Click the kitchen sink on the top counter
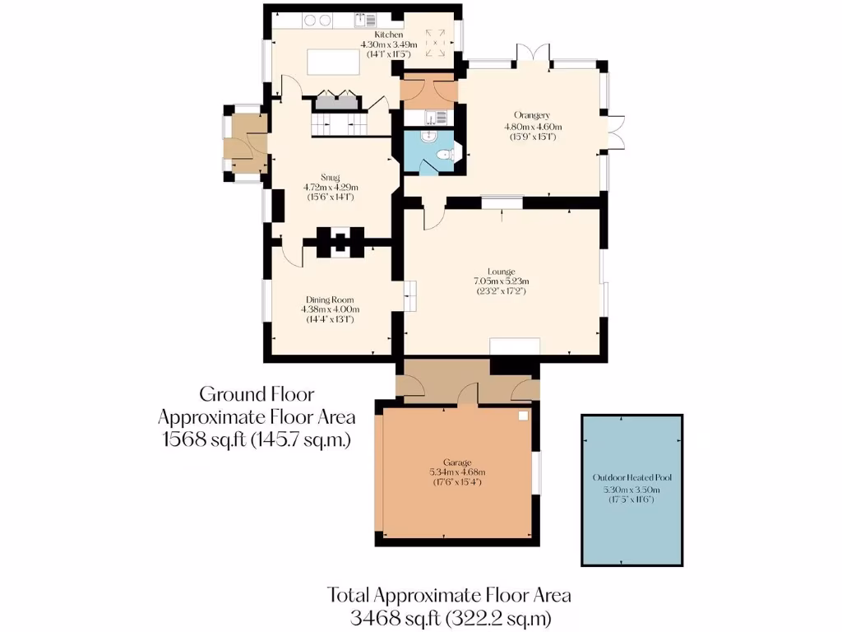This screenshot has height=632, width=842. pyautogui.click(x=363, y=19)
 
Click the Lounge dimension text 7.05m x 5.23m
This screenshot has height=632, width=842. pyautogui.click(x=500, y=281)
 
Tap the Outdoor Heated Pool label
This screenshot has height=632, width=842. pyautogui.click(x=632, y=478)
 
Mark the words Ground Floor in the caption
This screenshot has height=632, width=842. pyautogui.click(x=257, y=394)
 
